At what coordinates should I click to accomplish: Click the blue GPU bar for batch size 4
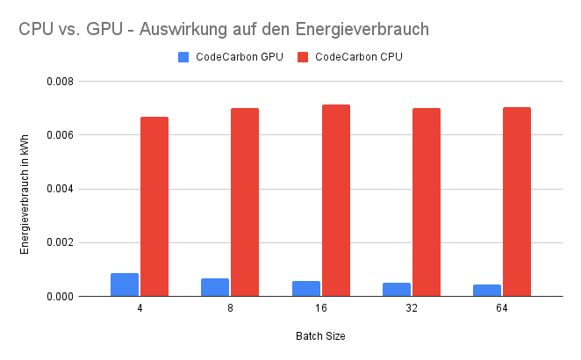(x=125, y=284)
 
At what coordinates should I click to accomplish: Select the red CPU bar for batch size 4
(x=154, y=206)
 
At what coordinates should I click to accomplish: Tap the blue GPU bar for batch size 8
(x=215, y=287)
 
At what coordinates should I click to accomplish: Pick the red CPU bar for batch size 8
(x=245, y=202)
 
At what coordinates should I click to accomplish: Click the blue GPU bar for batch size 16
(x=306, y=289)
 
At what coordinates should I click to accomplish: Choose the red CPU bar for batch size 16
(x=336, y=200)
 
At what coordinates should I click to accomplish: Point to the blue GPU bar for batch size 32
(x=397, y=290)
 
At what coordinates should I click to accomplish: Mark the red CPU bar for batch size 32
(x=427, y=202)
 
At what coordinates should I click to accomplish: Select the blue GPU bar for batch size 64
(x=487, y=291)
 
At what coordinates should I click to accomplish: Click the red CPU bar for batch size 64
(x=517, y=202)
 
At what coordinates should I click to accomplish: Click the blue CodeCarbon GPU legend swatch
(x=183, y=57)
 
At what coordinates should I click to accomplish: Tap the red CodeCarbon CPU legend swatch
(x=303, y=57)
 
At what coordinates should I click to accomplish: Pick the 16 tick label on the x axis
(x=321, y=309)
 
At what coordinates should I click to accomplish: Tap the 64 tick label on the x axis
(x=502, y=309)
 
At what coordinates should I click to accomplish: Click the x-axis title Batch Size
(x=321, y=336)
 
